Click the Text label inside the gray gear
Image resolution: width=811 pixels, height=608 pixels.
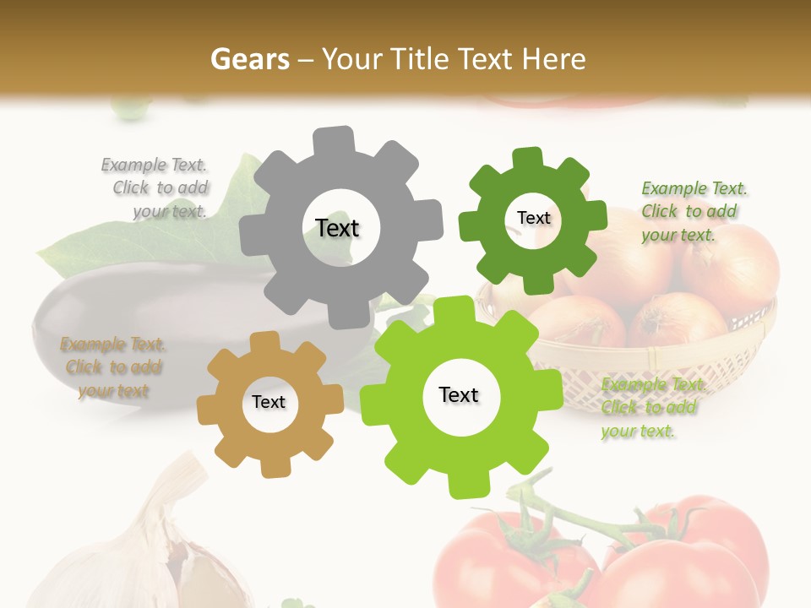coord(337,228)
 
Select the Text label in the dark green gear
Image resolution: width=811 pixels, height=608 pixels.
coord(533,218)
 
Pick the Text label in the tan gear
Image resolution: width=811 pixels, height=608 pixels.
coord(269,402)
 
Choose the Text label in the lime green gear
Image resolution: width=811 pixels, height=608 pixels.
coord(459,394)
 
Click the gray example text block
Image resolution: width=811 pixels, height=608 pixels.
coord(157,187)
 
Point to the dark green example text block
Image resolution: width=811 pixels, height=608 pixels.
coord(694,211)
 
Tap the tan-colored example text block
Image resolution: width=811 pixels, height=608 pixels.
coord(113,367)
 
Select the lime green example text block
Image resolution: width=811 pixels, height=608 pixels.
coord(653,408)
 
